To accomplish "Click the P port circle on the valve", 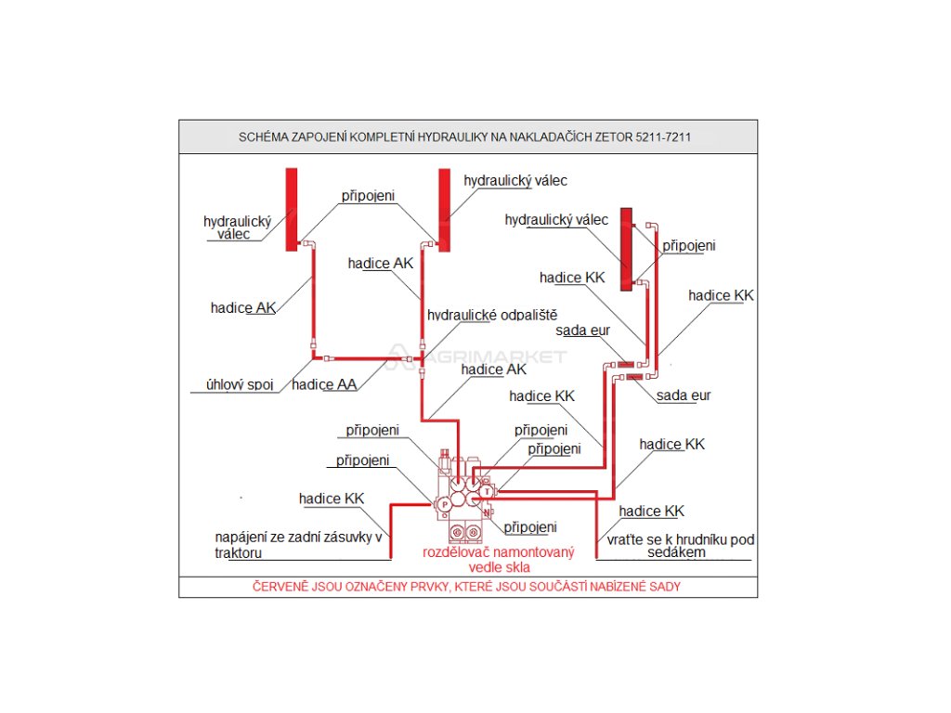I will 444,503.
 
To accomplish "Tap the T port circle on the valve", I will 487,492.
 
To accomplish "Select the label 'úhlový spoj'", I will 239,384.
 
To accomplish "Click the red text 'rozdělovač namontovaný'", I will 499,551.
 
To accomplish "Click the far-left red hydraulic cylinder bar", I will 291,208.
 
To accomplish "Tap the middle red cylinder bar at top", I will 445,208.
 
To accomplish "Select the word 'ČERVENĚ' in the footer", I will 280,587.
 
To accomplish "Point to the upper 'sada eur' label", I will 583,331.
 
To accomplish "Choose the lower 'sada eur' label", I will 684,395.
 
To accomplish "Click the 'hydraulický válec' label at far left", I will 237,227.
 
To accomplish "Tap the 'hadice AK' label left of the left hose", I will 243,308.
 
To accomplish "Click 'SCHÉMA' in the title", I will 265,137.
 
